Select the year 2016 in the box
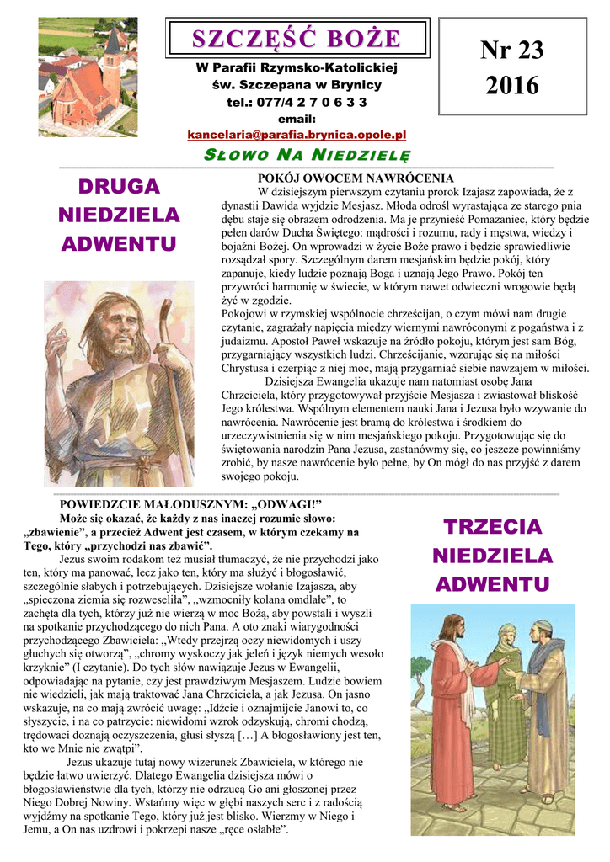click(512, 85)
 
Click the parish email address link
click(297, 135)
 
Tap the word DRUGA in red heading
click(118, 187)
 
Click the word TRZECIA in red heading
click(492, 528)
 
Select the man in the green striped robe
click(507, 690)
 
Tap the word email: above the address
click(296, 119)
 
